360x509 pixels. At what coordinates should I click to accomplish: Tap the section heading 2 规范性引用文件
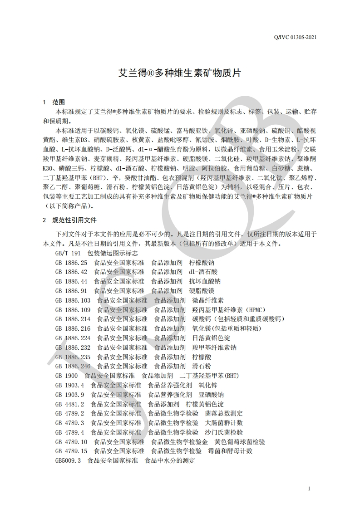click(x=69, y=220)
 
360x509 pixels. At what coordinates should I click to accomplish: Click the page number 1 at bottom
click(x=309, y=489)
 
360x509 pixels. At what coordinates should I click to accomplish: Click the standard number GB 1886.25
click(x=71, y=263)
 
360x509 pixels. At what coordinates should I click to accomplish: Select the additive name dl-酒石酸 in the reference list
click(x=203, y=272)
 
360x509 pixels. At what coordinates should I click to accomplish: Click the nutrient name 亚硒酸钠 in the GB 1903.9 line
click(x=211, y=395)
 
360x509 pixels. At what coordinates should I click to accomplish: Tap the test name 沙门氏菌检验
click(x=224, y=432)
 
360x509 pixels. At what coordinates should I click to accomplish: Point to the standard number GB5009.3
click(x=68, y=460)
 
